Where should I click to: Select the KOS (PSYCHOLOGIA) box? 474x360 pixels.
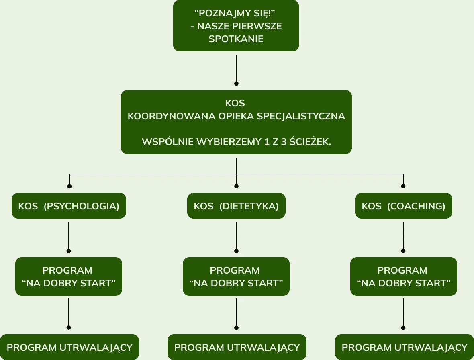tap(69, 206)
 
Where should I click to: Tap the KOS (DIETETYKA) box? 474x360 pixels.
tap(236, 206)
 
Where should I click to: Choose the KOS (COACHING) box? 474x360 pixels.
tap(403, 206)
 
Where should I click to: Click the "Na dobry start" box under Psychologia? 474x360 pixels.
tap(69, 276)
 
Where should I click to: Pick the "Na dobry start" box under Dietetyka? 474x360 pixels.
tap(236, 276)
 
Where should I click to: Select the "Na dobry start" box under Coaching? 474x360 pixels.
tap(403, 276)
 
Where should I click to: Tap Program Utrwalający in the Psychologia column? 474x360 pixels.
tap(69, 347)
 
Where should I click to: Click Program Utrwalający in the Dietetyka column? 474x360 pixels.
tap(237, 347)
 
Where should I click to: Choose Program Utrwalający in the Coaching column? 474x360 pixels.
tap(405, 347)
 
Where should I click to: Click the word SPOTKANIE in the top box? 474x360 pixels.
tap(236, 39)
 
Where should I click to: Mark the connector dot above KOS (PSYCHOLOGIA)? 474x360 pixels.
tap(69, 186)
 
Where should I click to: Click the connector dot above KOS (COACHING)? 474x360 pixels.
tap(403, 186)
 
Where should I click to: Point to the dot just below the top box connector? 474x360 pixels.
tap(236, 84)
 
